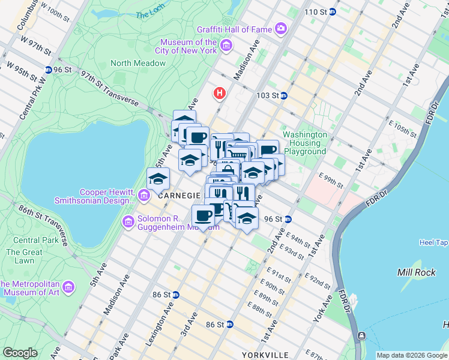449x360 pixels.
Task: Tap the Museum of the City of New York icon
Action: click(x=226, y=46)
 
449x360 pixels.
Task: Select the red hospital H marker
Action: click(x=220, y=94)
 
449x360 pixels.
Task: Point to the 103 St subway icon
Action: click(x=284, y=95)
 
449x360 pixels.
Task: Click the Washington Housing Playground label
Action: click(x=305, y=143)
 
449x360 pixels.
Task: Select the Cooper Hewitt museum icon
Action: click(x=143, y=196)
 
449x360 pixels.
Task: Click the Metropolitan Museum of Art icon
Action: click(x=68, y=288)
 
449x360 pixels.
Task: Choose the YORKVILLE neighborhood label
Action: click(x=265, y=355)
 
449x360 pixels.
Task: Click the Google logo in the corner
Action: click(x=20, y=353)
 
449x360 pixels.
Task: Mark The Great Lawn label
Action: click(x=24, y=256)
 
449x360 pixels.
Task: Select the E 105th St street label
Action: click(x=403, y=128)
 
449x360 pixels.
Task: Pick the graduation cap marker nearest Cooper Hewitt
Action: click(x=158, y=179)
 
